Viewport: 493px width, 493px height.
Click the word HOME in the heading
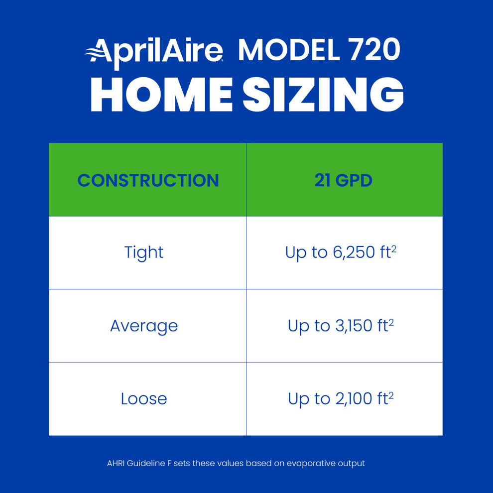(161, 96)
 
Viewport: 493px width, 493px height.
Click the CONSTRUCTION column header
(148, 180)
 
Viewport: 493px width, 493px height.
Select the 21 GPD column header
(343, 180)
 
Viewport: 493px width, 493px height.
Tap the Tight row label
(143, 252)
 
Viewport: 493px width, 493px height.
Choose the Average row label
(143, 326)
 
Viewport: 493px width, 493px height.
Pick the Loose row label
(143, 399)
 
